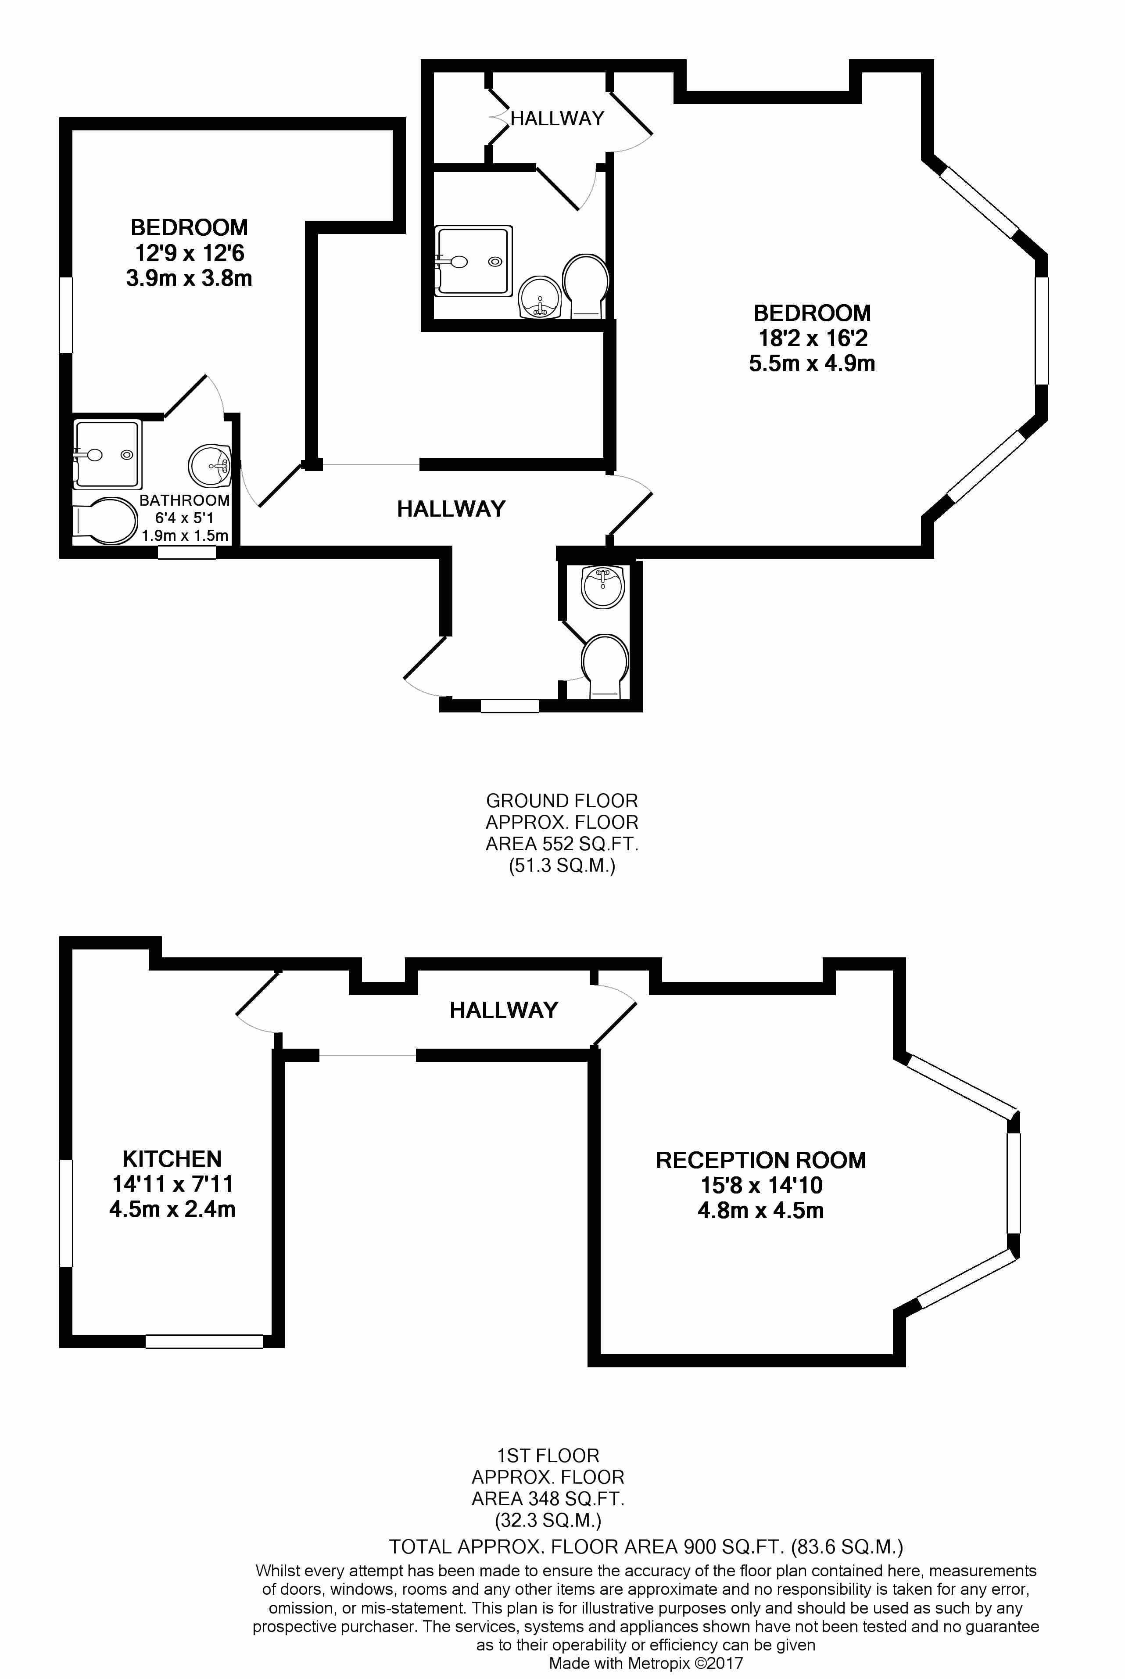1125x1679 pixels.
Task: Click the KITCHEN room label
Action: click(x=172, y=1158)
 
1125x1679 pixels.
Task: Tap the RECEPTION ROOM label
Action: click(x=760, y=1160)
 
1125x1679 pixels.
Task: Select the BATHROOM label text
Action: click(x=184, y=500)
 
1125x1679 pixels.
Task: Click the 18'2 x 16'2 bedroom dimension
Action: click(x=812, y=338)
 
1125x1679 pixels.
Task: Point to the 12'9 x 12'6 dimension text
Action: click(x=190, y=253)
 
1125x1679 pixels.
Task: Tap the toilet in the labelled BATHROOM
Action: click(x=105, y=521)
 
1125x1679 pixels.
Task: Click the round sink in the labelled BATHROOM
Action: click(x=209, y=465)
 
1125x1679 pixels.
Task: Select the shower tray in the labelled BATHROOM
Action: click(x=107, y=454)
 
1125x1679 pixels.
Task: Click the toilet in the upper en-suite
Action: click(x=586, y=286)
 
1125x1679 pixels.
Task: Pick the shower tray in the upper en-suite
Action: click(x=473, y=261)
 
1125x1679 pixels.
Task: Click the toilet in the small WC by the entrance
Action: click(x=605, y=665)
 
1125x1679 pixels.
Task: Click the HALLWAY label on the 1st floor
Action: click(x=504, y=1010)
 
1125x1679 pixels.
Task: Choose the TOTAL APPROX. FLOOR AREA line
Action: click(x=646, y=1546)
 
